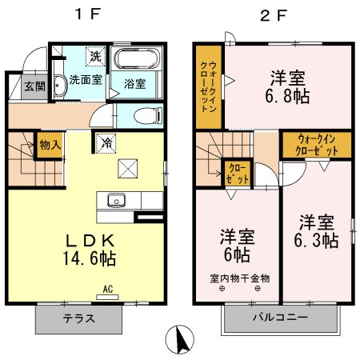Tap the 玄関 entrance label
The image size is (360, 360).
[34, 86]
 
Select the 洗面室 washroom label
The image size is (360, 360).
[84, 80]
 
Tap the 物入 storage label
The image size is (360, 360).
[49, 146]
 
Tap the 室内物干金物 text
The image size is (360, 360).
[240, 278]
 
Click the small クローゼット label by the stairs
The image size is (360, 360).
[238, 174]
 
